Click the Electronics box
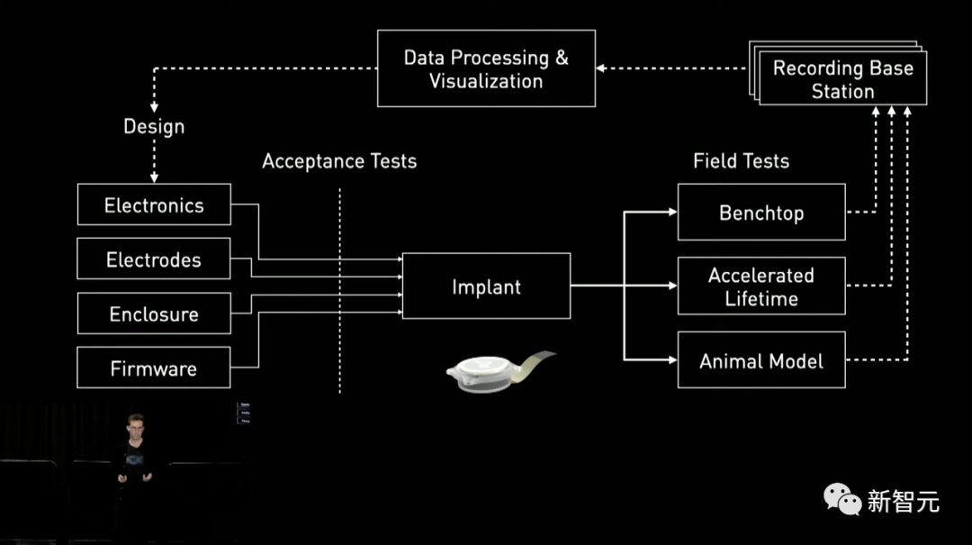[154, 205]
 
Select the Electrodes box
[154, 260]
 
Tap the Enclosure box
[154, 314]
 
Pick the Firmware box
[154, 368]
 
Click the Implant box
[486, 287]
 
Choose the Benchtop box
[761, 213]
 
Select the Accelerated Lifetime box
[761, 286]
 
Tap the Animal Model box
[761, 361]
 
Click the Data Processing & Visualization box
[486, 68]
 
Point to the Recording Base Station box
[842, 79]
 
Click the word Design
[154, 127]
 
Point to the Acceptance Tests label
[339, 162]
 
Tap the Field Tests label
[741, 162]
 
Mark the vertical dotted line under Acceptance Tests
[340, 288]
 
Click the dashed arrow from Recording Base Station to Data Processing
[670, 68]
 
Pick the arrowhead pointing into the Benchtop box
[672, 213]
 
